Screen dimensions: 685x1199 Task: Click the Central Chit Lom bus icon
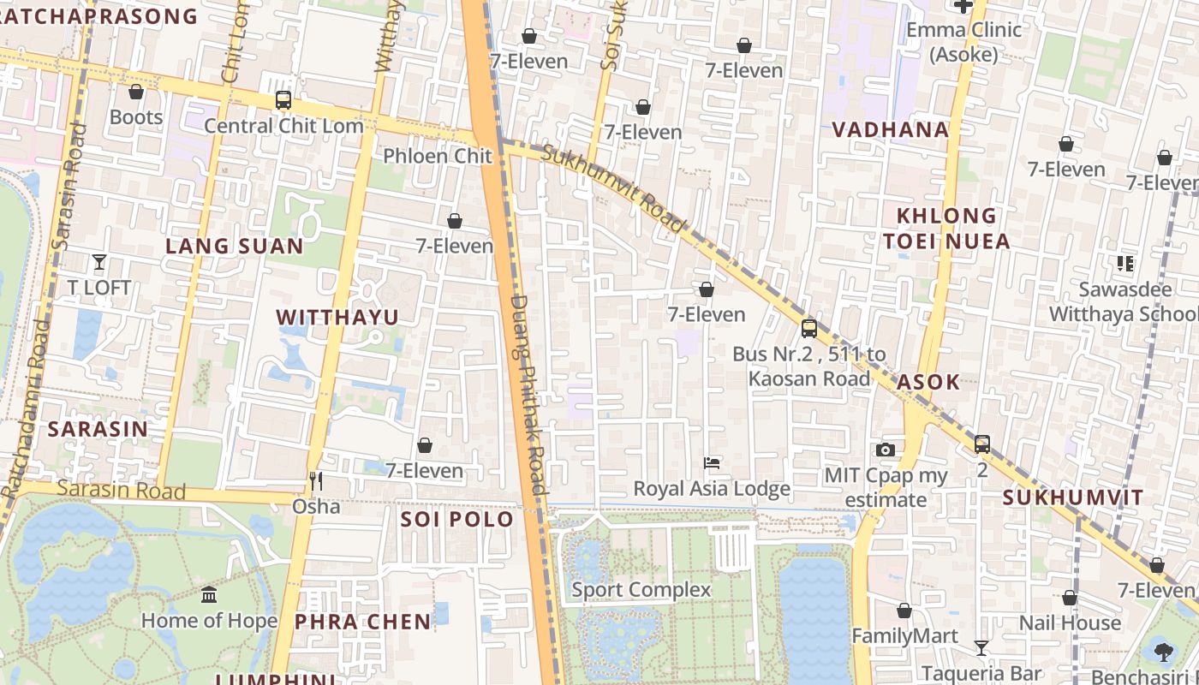pos(283,100)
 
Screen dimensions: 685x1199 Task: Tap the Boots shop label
pos(135,117)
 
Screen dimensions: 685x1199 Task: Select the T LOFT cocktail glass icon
pos(99,262)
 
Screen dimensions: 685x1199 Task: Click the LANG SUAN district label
pos(234,247)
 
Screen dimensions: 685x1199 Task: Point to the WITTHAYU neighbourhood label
pos(337,318)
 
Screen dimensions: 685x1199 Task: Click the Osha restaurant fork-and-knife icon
pos(316,481)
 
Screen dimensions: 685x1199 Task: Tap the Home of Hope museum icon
pos(209,594)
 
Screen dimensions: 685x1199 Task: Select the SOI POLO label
pos(456,520)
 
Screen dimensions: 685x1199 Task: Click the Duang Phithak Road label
pos(526,394)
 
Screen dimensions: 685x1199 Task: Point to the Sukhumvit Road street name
pos(614,189)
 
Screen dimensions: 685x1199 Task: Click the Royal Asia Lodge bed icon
pos(712,463)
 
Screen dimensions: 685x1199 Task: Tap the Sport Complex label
pos(641,590)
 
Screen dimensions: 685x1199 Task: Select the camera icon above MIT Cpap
pos(886,450)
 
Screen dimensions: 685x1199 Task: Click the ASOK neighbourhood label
pos(928,382)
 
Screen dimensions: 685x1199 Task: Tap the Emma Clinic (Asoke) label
pos(963,42)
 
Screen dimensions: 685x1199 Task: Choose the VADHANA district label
pos(891,130)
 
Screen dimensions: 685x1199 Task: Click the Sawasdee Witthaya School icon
pos(1125,264)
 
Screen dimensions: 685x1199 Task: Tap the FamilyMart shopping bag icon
pos(904,611)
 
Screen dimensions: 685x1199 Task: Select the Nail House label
pos(1070,622)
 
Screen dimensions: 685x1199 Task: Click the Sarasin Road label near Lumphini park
pos(121,491)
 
